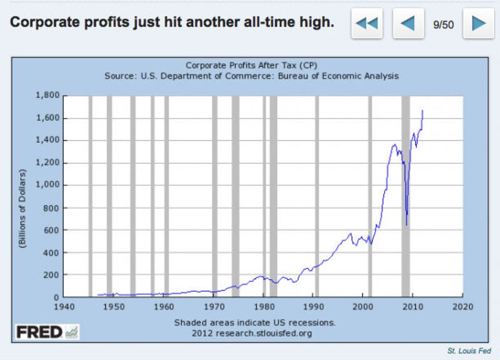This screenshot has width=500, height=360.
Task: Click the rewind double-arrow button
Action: pyautogui.click(x=367, y=24)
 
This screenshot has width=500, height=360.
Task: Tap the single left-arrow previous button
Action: pyautogui.click(x=408, y=24)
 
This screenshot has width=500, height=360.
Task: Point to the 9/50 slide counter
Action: pyautogui.click(x=443, y=24)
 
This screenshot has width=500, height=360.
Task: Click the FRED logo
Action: pyautogui.click(x=47, y=332)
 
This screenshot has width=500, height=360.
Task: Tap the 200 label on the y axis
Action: pyautogui.click(x=51, y=275)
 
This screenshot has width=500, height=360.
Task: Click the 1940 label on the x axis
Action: pyautogui.click(x=64, y=307)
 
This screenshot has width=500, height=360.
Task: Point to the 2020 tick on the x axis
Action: pyautogui.click(x=462, y=307)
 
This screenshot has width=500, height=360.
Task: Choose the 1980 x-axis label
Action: pyautogui.click(x=263, y=307)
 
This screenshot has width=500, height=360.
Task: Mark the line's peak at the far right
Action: pyautogui.click(x=422, y=111)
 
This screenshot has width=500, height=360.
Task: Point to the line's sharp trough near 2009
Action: pyautogui.click(x=407, y=226)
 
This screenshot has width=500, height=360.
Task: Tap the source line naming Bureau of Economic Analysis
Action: pyautogui.click(x=251, y=75)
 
